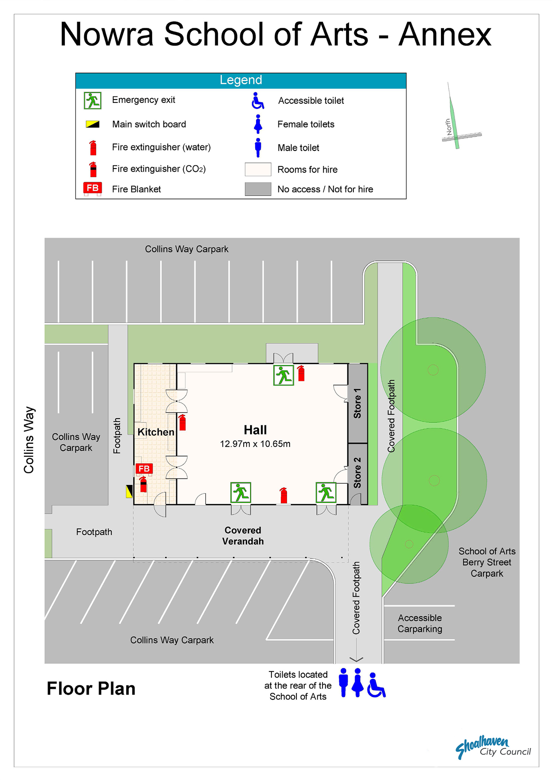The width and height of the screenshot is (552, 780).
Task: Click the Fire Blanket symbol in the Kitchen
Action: tap(144, 469)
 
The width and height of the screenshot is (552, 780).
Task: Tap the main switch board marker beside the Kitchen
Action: tap(129, 491)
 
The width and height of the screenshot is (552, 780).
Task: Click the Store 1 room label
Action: tap(357, 403)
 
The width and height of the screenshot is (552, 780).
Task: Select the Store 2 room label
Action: tap(357, 473)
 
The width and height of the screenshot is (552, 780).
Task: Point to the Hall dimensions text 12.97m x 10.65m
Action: tap(255, 444)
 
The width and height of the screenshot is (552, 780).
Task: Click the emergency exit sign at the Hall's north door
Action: tap(284, 375)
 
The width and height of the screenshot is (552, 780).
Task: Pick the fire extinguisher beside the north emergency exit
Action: tap(301, 373)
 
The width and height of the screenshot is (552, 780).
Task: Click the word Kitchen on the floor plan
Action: tap(156, 432)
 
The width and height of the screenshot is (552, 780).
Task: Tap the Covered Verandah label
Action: tap(243, 536)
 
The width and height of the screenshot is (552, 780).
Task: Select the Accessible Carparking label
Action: tap(420, 623)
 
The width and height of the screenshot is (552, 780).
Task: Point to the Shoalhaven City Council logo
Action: tap(493, 747)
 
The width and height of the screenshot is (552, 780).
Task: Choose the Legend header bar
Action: tap(241, 81)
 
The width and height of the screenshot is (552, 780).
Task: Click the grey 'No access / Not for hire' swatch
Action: tap(258, 189)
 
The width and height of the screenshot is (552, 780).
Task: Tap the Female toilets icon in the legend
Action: tap(258, 124)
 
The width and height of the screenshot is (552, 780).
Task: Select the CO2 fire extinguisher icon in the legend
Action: tap(93, 169)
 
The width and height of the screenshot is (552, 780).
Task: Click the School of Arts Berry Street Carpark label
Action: tap(487, 562)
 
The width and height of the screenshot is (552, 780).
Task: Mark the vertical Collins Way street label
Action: tap(29, 440)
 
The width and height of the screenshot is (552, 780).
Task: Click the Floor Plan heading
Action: tap(91, 689)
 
